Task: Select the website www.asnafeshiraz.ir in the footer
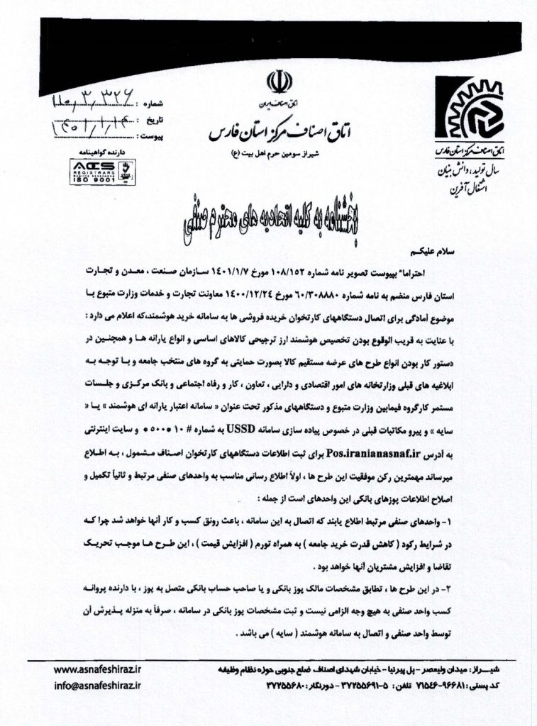pyautogui.click(x=97, y=669)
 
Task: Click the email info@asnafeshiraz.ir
pyautogui.click(x=97, y=686)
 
